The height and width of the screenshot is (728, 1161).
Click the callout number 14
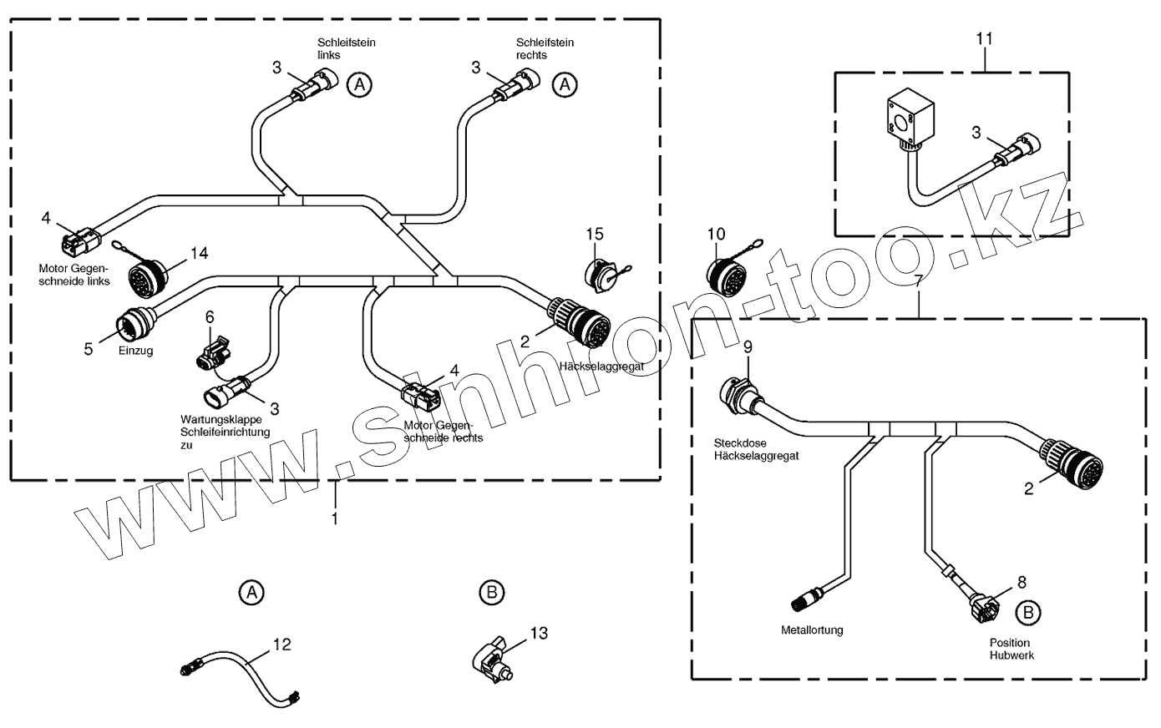coord(199,252)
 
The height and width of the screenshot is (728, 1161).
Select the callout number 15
coord(594,235)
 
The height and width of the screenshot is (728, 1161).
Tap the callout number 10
coord(717,234)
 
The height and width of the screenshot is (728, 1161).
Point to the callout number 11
coord(986,38)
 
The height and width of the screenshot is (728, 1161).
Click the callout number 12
coord(282,645)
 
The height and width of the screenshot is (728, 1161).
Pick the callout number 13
coord(539,634)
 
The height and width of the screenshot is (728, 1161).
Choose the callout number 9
coord(748,346)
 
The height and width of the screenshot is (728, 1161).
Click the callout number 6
coord(210,317)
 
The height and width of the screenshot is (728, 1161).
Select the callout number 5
coord(89,349)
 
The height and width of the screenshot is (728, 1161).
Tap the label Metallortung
coord(812,629)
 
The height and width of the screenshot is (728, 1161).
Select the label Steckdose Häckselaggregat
coord(756,449)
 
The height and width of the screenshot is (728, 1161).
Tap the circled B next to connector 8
coord(1028,612)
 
